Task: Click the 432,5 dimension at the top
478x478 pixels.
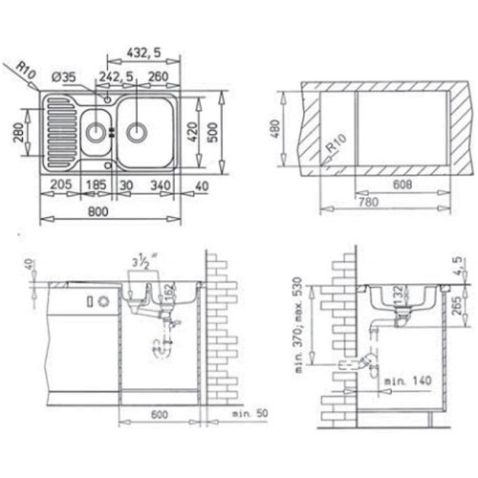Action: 144,53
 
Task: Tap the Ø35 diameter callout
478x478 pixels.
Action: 64,77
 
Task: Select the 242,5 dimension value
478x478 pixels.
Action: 116,76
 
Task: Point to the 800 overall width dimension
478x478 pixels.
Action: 98,211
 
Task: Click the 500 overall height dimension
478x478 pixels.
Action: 213,132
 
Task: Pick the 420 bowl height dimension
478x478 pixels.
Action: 192,132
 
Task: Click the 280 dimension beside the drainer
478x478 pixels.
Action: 18,132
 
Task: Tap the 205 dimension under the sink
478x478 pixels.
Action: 61,185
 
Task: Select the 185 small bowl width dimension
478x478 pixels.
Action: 97,185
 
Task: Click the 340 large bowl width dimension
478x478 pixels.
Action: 161,185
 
